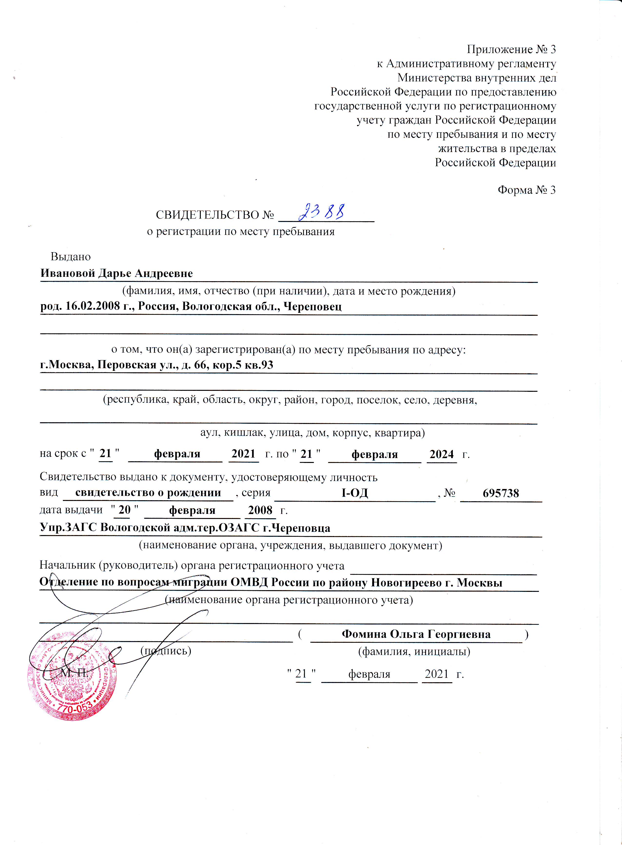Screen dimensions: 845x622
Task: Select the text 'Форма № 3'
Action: pos(526,190)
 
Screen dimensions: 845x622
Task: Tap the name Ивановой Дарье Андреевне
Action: pos(116,273)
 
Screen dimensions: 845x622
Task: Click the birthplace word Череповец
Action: pos(312,306)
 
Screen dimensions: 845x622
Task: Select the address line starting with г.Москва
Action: pos(157,365)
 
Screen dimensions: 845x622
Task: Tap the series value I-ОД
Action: pos(354,493)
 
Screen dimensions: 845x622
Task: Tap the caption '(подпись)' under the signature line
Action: pos(166,650)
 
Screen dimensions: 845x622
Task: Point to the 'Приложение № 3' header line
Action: pos(511,49)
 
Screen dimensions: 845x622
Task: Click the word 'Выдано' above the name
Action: pos(71,257)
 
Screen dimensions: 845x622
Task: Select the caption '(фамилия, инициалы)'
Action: pos(414,651)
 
